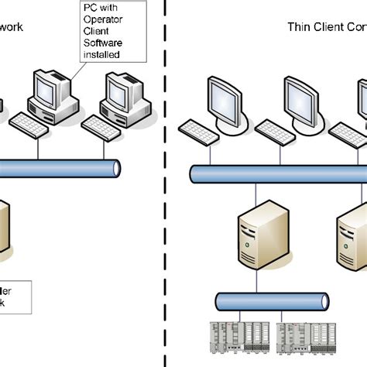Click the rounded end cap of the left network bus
tap(117, 167)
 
